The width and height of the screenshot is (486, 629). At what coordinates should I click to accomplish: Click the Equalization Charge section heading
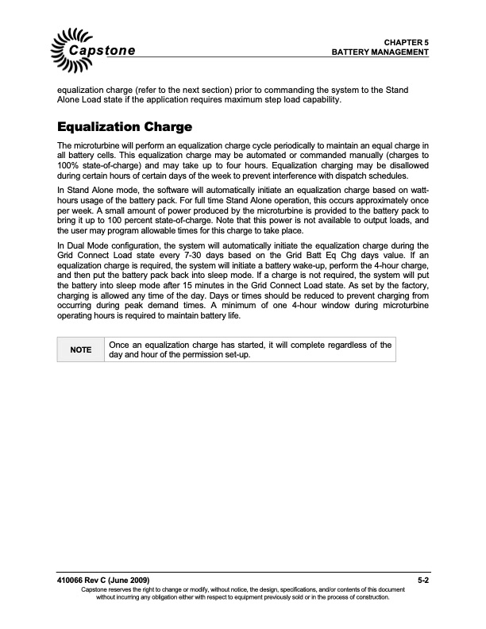pos(124,126)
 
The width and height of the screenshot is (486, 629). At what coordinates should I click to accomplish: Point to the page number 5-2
pos(423,581)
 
